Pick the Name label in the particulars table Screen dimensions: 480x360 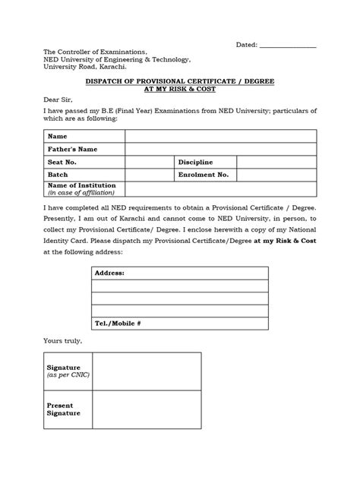tap(58, 136)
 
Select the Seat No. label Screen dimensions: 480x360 tap(63, 162)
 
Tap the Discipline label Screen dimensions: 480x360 tap(196, 162)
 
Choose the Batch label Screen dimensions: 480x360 tap(58, 175)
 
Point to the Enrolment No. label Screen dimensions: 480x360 tap(204, 175)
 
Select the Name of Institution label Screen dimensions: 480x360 tap(81, 185)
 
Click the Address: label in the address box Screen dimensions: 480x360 tap(109, 272)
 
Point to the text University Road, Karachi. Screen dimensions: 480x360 tap(84, 67)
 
